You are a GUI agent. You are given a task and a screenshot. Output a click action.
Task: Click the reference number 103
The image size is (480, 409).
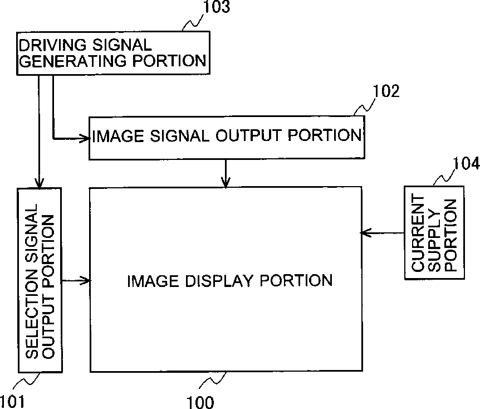pyautogui.click(x=217, y=7)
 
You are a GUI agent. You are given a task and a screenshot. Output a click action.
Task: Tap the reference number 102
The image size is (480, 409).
pyautogui.click(x=386, y=91)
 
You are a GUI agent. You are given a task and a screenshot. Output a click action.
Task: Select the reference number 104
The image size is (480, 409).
pyautogui.click(x=466, y=163)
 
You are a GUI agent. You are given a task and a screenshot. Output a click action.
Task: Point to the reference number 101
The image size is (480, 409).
pyautogui.click(x=12, y=402)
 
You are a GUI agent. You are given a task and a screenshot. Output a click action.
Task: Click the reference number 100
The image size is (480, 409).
pyautogui.click(x=200, y=402)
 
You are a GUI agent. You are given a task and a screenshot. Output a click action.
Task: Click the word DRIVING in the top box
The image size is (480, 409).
pyautogui.click(x=53, y=45)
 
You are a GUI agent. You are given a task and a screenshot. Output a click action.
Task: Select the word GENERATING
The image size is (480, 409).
pyautogui.click(x=73, y=61)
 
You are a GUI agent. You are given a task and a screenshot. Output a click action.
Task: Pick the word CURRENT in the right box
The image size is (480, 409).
pyautogui.click(x=418, y=233)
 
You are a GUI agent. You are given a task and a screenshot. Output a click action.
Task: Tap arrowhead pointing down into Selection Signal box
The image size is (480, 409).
pyautogui.click(x=39, y=183)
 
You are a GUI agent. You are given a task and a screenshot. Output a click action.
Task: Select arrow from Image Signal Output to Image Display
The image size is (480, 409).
pyautogui.click(x=226, y=173)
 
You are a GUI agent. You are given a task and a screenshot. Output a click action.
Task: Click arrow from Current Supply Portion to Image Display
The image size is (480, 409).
pyautogui.click(x=383, y=233)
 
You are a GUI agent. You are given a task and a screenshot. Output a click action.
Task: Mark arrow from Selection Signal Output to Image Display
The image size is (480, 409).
pyautogui.click(x=76, y=280)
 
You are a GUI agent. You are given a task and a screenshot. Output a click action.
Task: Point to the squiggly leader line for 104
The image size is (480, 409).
pyautogui.click(x=443, y=177)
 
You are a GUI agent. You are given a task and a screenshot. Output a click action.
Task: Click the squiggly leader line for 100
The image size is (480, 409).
pyautogui.click(x=213, y=380)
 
